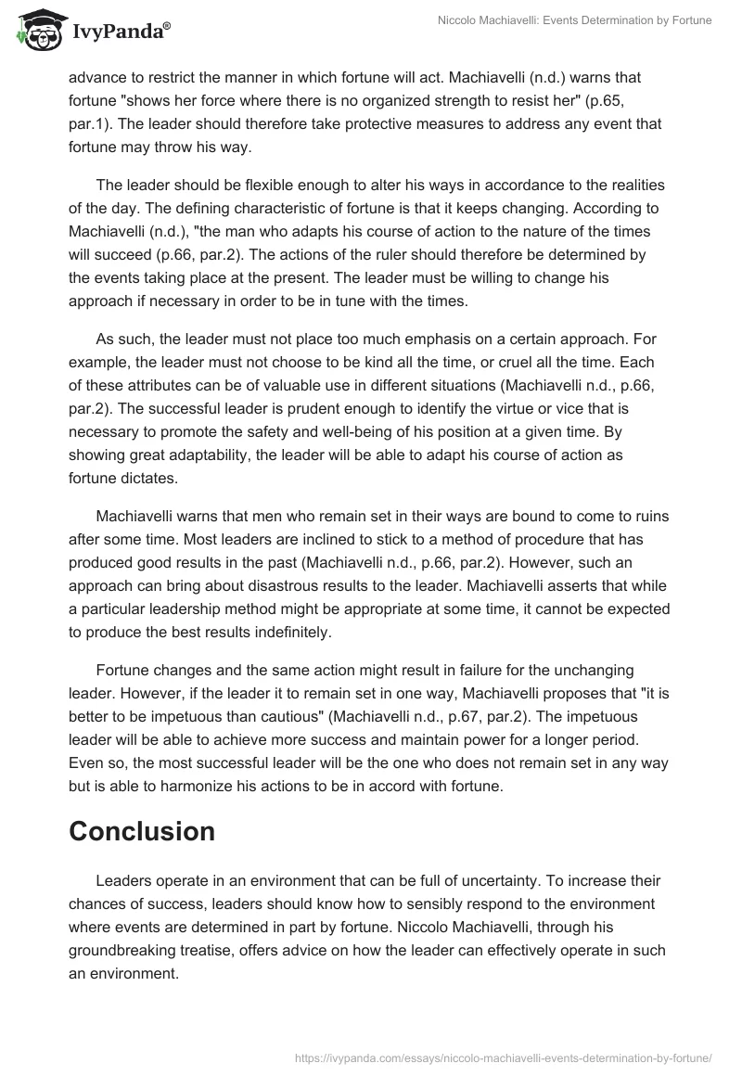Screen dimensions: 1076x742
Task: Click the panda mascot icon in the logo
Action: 37,28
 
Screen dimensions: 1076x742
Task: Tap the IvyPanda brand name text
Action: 119,31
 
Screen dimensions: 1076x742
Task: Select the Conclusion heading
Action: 142,831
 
